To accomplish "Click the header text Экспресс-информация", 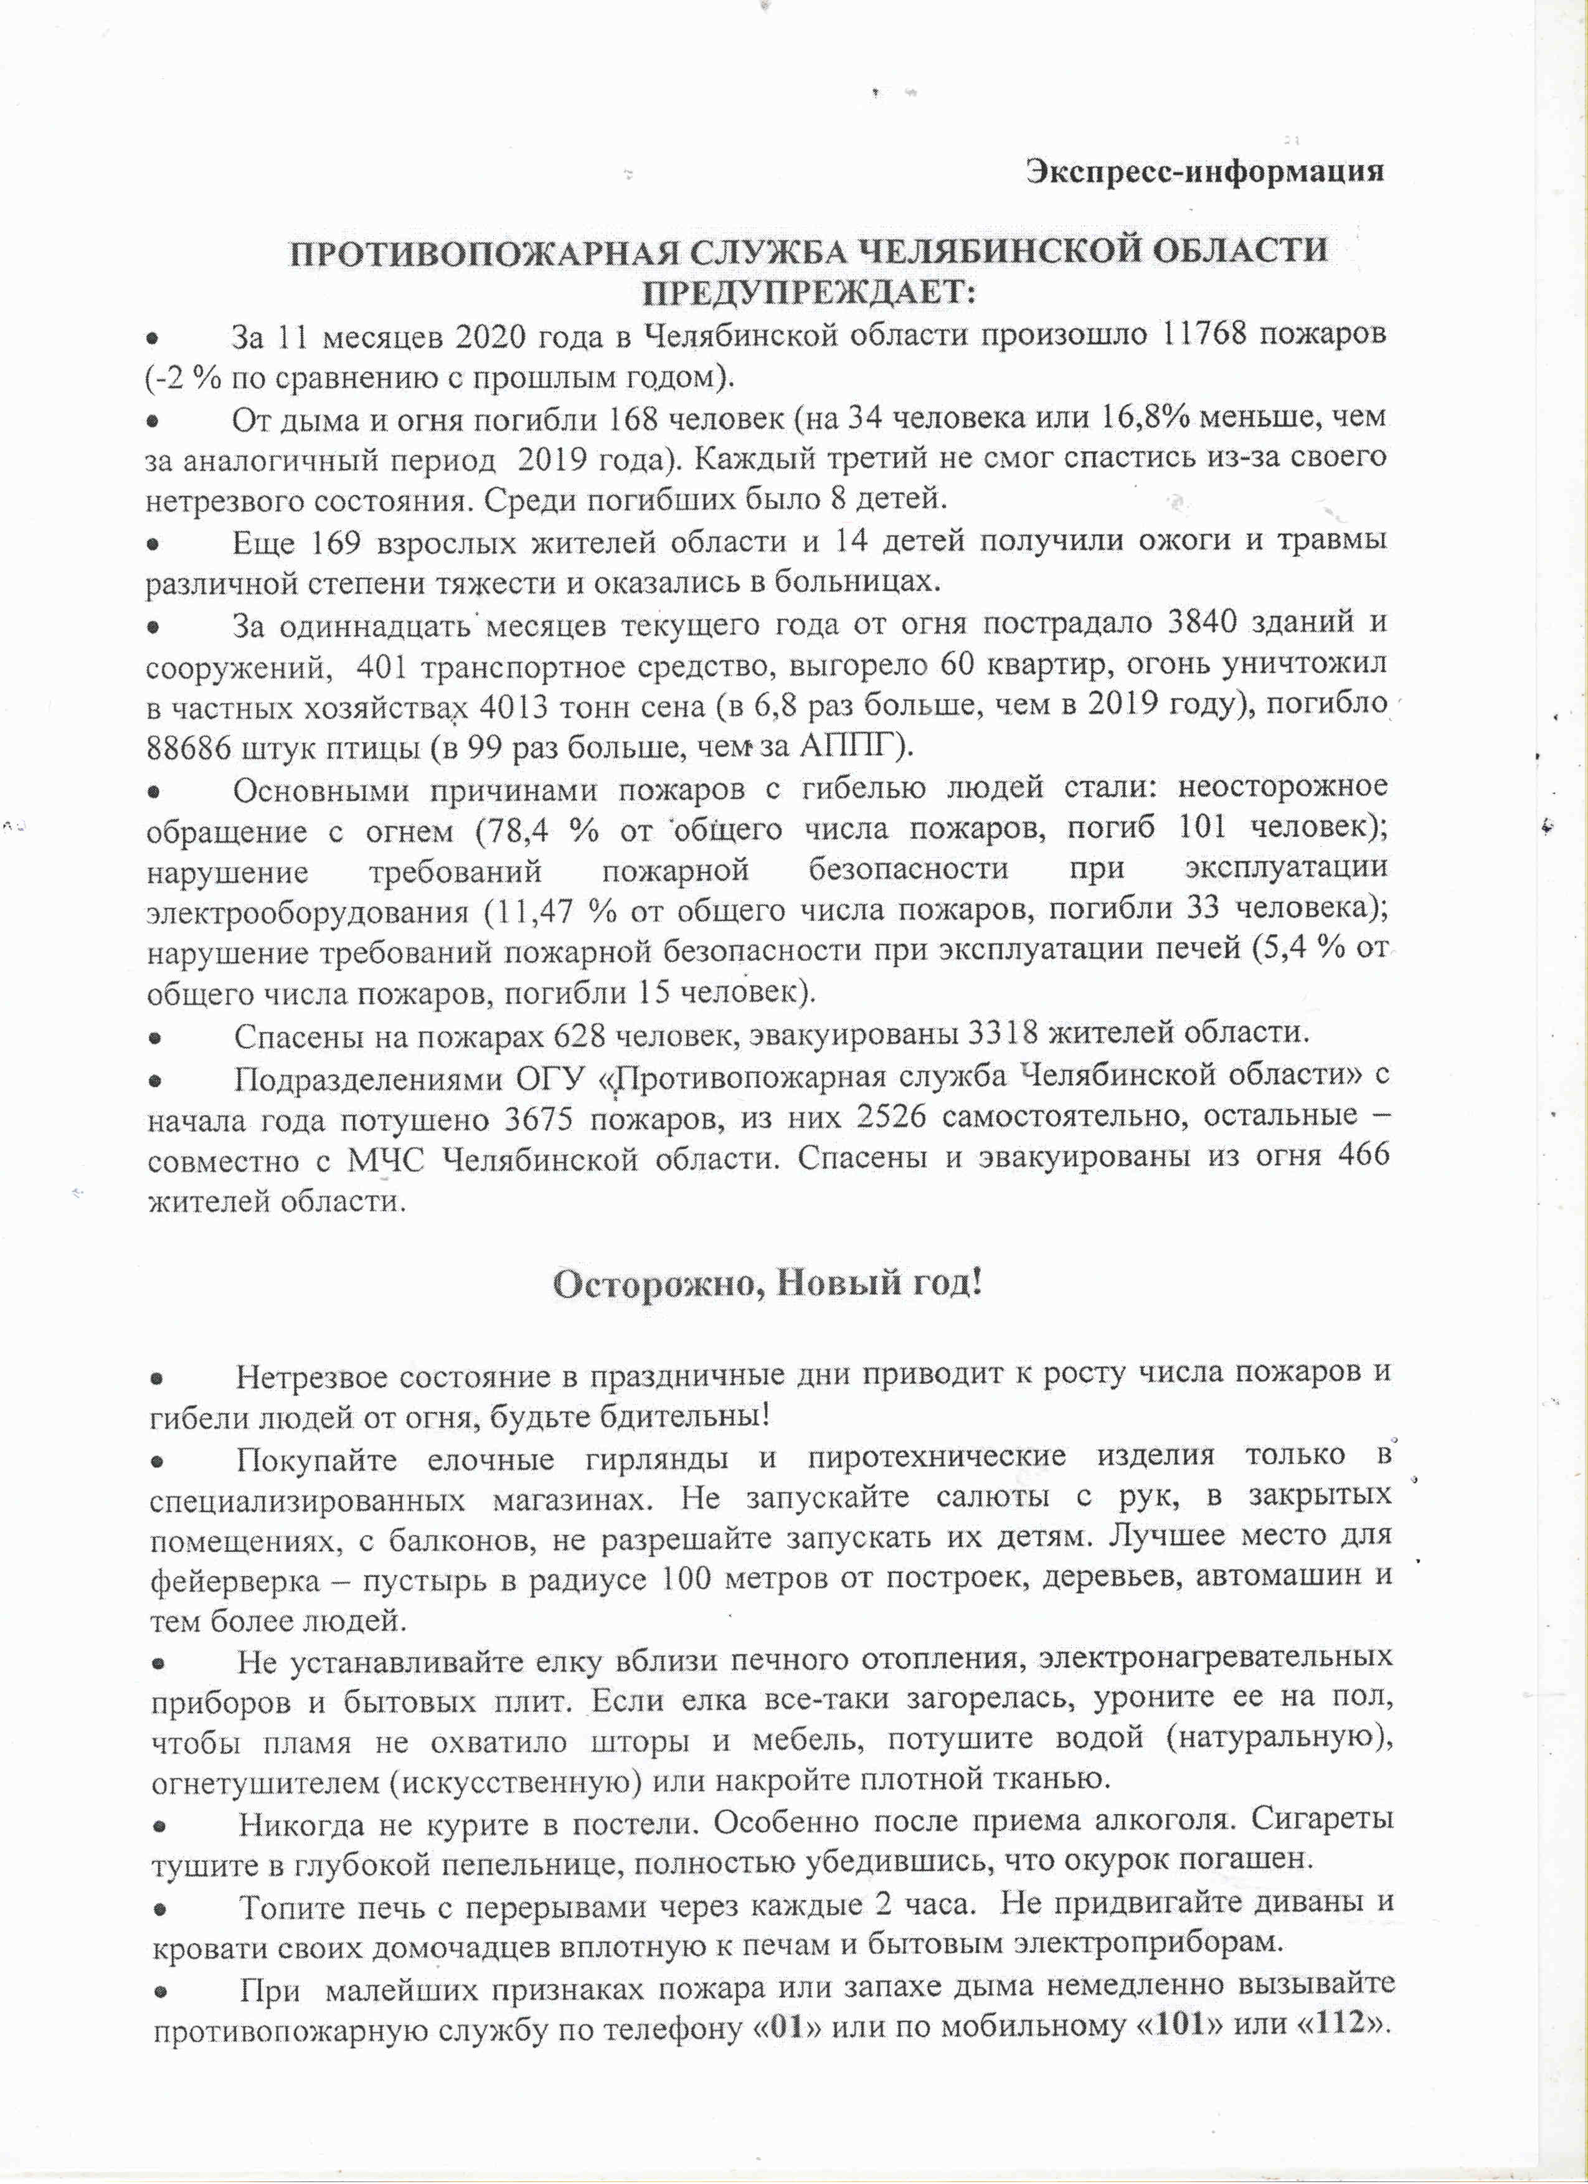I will (x=1204, y=171).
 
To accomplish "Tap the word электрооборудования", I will (x=308, y=912).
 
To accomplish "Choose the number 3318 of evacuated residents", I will (x=997, y=1034).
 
